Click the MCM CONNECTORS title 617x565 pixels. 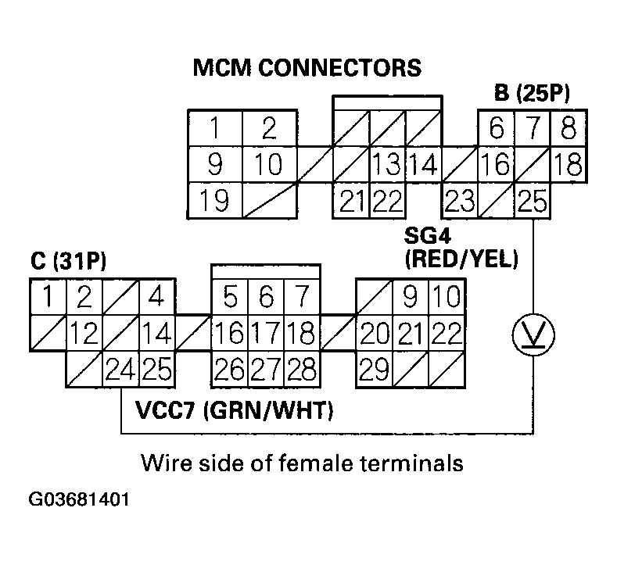pyautogui.click(x=307, y=68)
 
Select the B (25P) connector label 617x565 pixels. pyautogui.click(x=532, y=95)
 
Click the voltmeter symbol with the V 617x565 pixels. pyautogui.click(x=533, y=335)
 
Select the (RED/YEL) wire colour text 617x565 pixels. pyautogui.click(x=461, y=260)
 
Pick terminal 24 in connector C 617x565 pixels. pyautogui.click(x=120, y=367)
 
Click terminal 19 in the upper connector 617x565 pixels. pyautogui.click(x=213, y=201)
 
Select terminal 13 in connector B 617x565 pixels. pyautogui.click(x=386, y=165)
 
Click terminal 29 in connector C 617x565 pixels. pyautogui.click(x=374, y=367)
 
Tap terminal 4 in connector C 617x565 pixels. pyautogui.click(x=156, y=298)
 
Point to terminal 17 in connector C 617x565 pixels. pyautogui.click(x=265, y=333)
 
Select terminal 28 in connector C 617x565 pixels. pyautogui.click(x=302, y=367)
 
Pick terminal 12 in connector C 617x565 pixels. pyautogui.click(x=84, y=333)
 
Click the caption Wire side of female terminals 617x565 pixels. pyautogui.click(x=302, y=463)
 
